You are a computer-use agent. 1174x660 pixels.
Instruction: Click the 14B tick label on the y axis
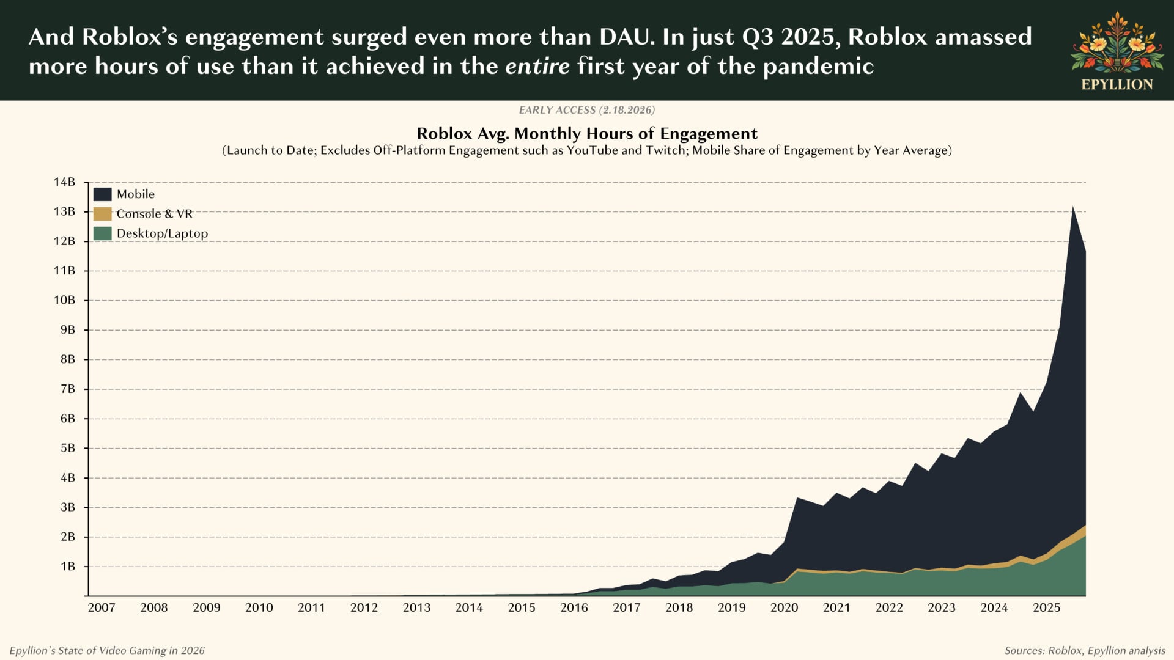[64, 182]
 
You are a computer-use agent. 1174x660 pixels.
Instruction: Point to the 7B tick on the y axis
[67, 389]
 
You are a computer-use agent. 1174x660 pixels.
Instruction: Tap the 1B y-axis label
[67, 566]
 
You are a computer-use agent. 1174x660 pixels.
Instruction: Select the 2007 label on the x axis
[102, 607]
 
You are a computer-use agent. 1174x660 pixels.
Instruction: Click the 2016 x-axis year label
[574, 607]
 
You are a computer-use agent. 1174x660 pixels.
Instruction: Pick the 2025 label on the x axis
[1046, 607]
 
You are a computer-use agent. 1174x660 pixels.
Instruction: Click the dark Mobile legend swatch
[102, 194]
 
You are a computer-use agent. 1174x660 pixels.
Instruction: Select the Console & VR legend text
[154, 214]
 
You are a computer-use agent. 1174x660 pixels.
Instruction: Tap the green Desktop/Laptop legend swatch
[102, 233]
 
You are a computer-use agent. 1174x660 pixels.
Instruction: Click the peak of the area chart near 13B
[1072, 208]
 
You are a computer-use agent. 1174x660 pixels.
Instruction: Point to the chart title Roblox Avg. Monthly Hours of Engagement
[587, 133]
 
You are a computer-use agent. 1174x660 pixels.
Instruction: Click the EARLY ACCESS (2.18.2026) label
[587, 110]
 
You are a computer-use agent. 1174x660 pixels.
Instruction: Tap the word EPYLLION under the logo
[1117, 85]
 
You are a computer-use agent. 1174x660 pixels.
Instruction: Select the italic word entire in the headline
[537, 66]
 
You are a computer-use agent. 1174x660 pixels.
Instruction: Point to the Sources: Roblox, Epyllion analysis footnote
[1084, 650]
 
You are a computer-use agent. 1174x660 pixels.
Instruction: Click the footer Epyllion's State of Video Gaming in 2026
[107, 650]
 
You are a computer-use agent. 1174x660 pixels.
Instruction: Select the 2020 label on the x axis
[784, 607]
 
